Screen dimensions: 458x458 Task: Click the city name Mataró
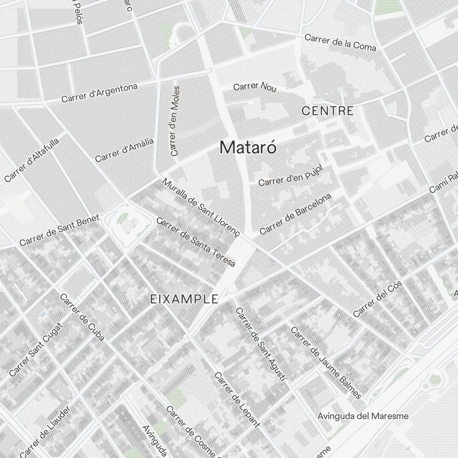(248, 147)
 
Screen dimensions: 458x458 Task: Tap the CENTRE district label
(327, 111)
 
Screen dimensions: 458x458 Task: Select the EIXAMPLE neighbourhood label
(184, 300)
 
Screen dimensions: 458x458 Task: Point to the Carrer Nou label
(255, 87)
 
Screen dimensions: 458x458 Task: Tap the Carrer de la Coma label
(340, 42)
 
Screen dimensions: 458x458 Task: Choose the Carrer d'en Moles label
(174, 120)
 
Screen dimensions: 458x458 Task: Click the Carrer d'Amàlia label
(124, 150)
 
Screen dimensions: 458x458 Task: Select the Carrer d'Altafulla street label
(32, 160)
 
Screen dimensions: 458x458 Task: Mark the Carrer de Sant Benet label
(59, 230)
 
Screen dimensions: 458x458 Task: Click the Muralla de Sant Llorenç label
(201, 207)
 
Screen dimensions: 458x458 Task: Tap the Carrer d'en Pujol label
(291, 176)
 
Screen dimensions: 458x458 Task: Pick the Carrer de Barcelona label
(295, 214)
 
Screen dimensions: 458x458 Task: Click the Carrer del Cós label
(377, 299)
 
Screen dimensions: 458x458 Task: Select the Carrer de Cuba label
(82, 317)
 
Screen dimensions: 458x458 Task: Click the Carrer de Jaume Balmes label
(326, 362)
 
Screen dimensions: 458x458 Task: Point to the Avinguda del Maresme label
(363, 416)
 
